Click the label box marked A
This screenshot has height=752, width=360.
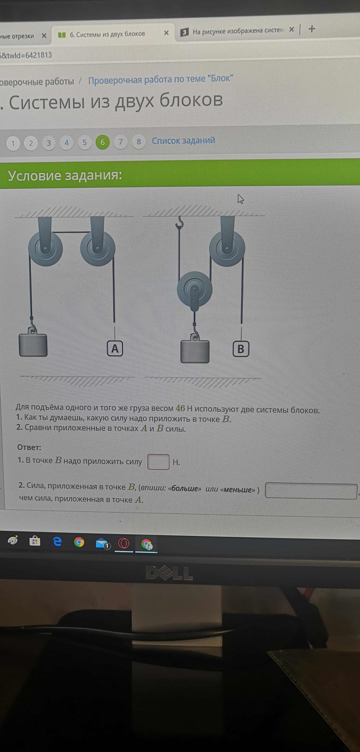tap(115, 348)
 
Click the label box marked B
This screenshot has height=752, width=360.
tap(241, 349)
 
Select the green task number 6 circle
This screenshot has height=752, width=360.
tap(102, 142)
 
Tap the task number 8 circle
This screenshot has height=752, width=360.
tap(139, 142)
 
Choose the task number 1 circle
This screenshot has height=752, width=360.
tap(13, 143)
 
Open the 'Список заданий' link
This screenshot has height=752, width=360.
tap(183, 141)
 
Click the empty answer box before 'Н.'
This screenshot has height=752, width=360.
tap(158, 462)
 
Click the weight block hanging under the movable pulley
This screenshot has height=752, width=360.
tap(195, 351)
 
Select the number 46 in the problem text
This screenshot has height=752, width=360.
tap(180, 408)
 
